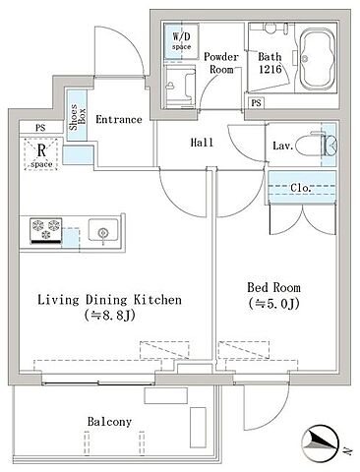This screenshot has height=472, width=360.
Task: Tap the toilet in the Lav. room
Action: (x=316, y=146)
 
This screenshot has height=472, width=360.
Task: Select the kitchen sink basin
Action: (x=103, y=230)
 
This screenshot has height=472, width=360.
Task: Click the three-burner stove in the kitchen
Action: (x=46, y=231)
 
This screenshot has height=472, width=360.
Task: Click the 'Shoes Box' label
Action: (x=77, y=117)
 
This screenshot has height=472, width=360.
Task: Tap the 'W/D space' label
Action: (x=181, y=40)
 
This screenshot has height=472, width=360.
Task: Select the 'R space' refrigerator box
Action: (x=41, y=154)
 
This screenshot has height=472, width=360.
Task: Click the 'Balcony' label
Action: (x=109, y=422)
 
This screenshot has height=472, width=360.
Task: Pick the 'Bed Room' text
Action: (x=273, y=287)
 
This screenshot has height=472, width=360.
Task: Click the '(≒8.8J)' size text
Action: (x=109, y=316)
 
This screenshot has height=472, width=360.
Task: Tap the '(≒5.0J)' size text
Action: (x=273, y=304)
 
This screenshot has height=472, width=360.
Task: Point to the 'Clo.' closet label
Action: (x=301, y=188)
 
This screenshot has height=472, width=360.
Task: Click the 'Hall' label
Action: (x=202, y=143)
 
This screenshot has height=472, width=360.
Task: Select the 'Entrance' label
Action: (x=119, y=119)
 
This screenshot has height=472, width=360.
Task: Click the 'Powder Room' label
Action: (x=221, y=63)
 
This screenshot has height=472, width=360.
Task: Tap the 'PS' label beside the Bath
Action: (x=257, y=103)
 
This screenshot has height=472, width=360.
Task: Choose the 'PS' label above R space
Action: (x=40, y=128)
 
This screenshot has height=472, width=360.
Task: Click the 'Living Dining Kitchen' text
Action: (x=109, y=300)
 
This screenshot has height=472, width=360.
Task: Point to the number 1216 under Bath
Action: (x=270, y=69)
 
